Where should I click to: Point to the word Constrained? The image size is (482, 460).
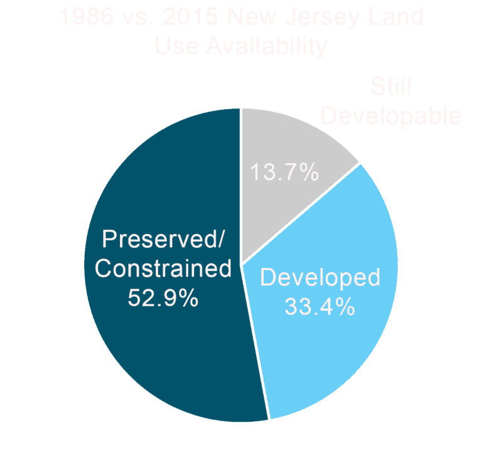pos(163,269)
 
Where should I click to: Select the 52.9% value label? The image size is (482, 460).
pos(163,297)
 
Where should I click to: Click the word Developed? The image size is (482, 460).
pos(320,277)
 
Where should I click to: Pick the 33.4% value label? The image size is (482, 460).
pos(320,307)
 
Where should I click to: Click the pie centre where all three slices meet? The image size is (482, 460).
pos(241,264)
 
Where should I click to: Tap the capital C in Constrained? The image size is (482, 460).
pos(104,269)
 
